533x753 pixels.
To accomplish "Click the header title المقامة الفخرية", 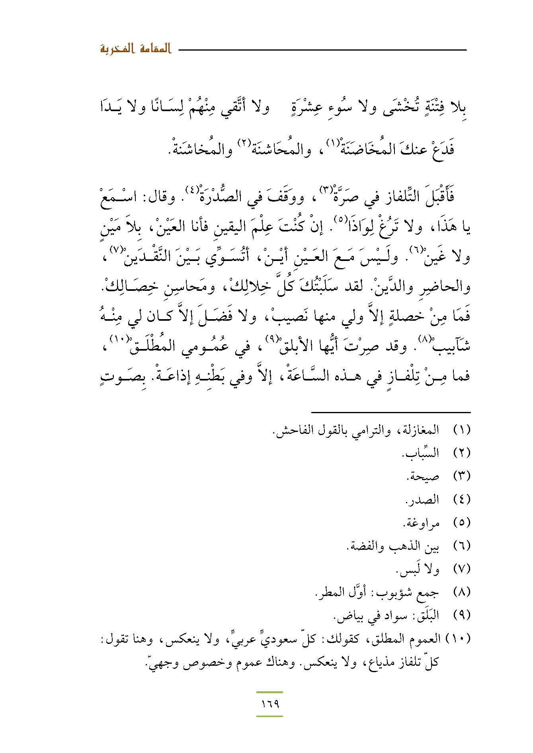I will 135,50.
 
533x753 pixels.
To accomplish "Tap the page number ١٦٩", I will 270,704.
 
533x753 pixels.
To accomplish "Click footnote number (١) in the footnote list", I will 462,430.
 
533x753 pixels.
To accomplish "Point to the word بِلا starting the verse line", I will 459,108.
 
